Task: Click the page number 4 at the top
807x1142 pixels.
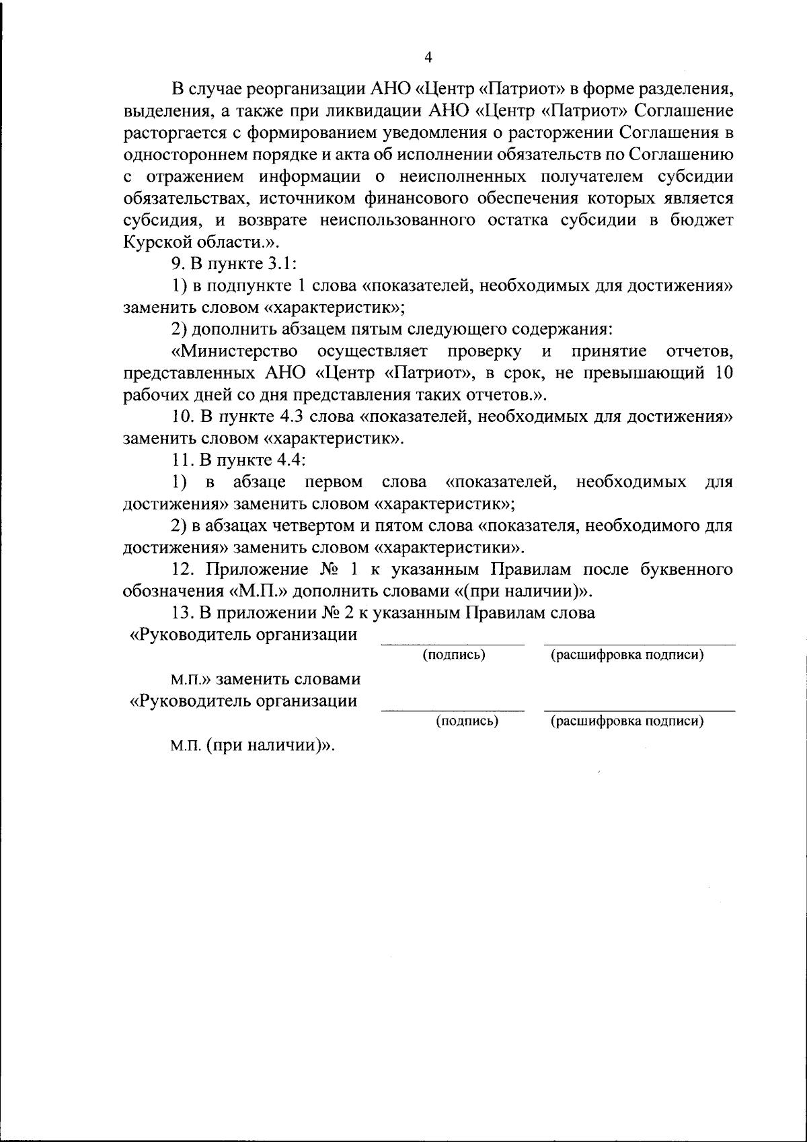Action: pos(428,58)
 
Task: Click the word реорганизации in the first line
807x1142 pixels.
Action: pos(307,88)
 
